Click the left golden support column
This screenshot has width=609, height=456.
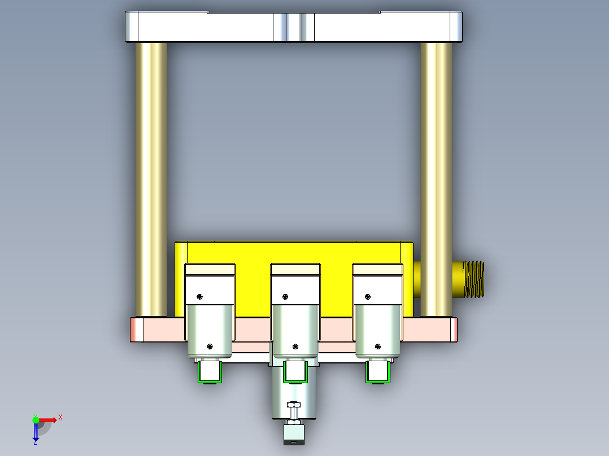pos(151,179)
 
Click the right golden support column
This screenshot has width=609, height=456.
pos(436,179)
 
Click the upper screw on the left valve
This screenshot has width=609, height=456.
pos(201,297)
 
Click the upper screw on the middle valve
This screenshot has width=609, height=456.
pos(285,297)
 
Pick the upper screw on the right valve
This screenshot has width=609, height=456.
pos(368,297)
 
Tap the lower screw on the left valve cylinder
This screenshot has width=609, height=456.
pos(210,347)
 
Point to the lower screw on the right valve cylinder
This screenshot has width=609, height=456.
pos(377,347)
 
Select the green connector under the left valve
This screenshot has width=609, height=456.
pos(209,372)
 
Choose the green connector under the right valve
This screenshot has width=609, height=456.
pos(377,372)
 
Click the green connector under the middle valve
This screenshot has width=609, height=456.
pos(294,372)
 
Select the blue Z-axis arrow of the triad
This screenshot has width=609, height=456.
pos(36,432)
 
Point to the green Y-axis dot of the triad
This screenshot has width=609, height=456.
pos(36,419)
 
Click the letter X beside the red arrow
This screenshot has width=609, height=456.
pos(60,418)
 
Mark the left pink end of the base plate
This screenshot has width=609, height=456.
pos(136,330)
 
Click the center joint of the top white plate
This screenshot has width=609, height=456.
pos(294,27)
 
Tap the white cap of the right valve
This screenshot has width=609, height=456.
pos(378,269)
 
